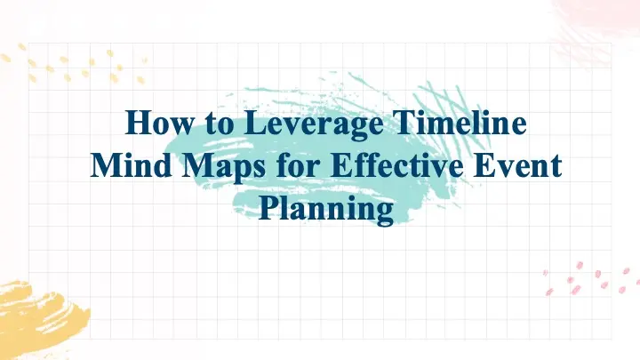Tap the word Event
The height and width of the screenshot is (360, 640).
[x=521, y=166]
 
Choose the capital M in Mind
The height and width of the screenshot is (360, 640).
[x=105, y=166]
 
